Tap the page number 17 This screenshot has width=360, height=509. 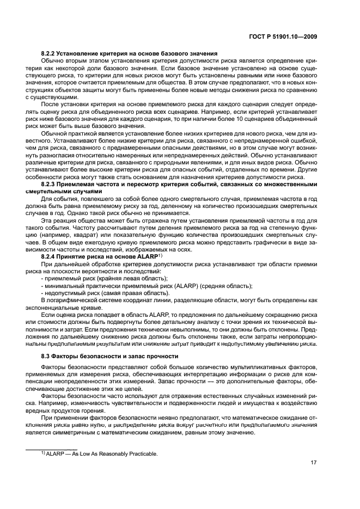[x=314, y=463]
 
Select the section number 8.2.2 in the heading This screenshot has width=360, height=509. [x=50, y=53]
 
